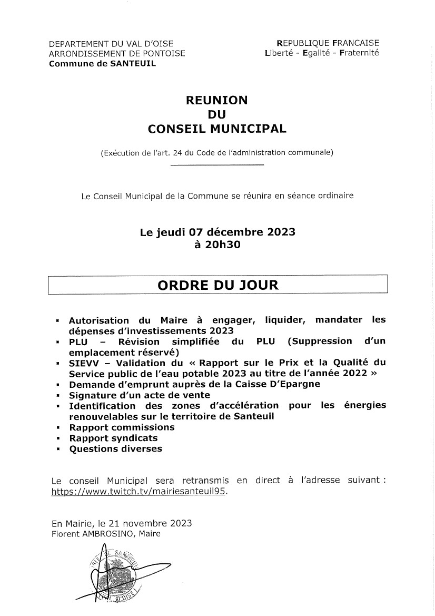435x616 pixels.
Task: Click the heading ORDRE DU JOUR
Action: coord(217,285)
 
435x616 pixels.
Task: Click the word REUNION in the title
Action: coord(217,100)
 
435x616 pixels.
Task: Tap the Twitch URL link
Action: coord(141,492)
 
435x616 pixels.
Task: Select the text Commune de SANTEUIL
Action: coord(102,63)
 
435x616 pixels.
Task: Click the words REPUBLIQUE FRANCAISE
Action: coord(328,43)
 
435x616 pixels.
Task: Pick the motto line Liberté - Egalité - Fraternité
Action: coord(322,53)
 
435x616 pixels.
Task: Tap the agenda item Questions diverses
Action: coord(115,449)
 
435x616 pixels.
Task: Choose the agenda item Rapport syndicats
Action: coord(113,438)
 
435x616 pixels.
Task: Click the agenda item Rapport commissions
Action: coord(122,427)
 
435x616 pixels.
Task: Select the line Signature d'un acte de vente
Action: coord(140,395)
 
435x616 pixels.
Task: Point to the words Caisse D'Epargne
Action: coord(279,384)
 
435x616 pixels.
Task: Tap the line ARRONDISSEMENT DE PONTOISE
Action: coord(116,53)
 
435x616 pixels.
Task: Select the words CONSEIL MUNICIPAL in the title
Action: coord(217,129)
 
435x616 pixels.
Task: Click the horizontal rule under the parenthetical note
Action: coord(217,166)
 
